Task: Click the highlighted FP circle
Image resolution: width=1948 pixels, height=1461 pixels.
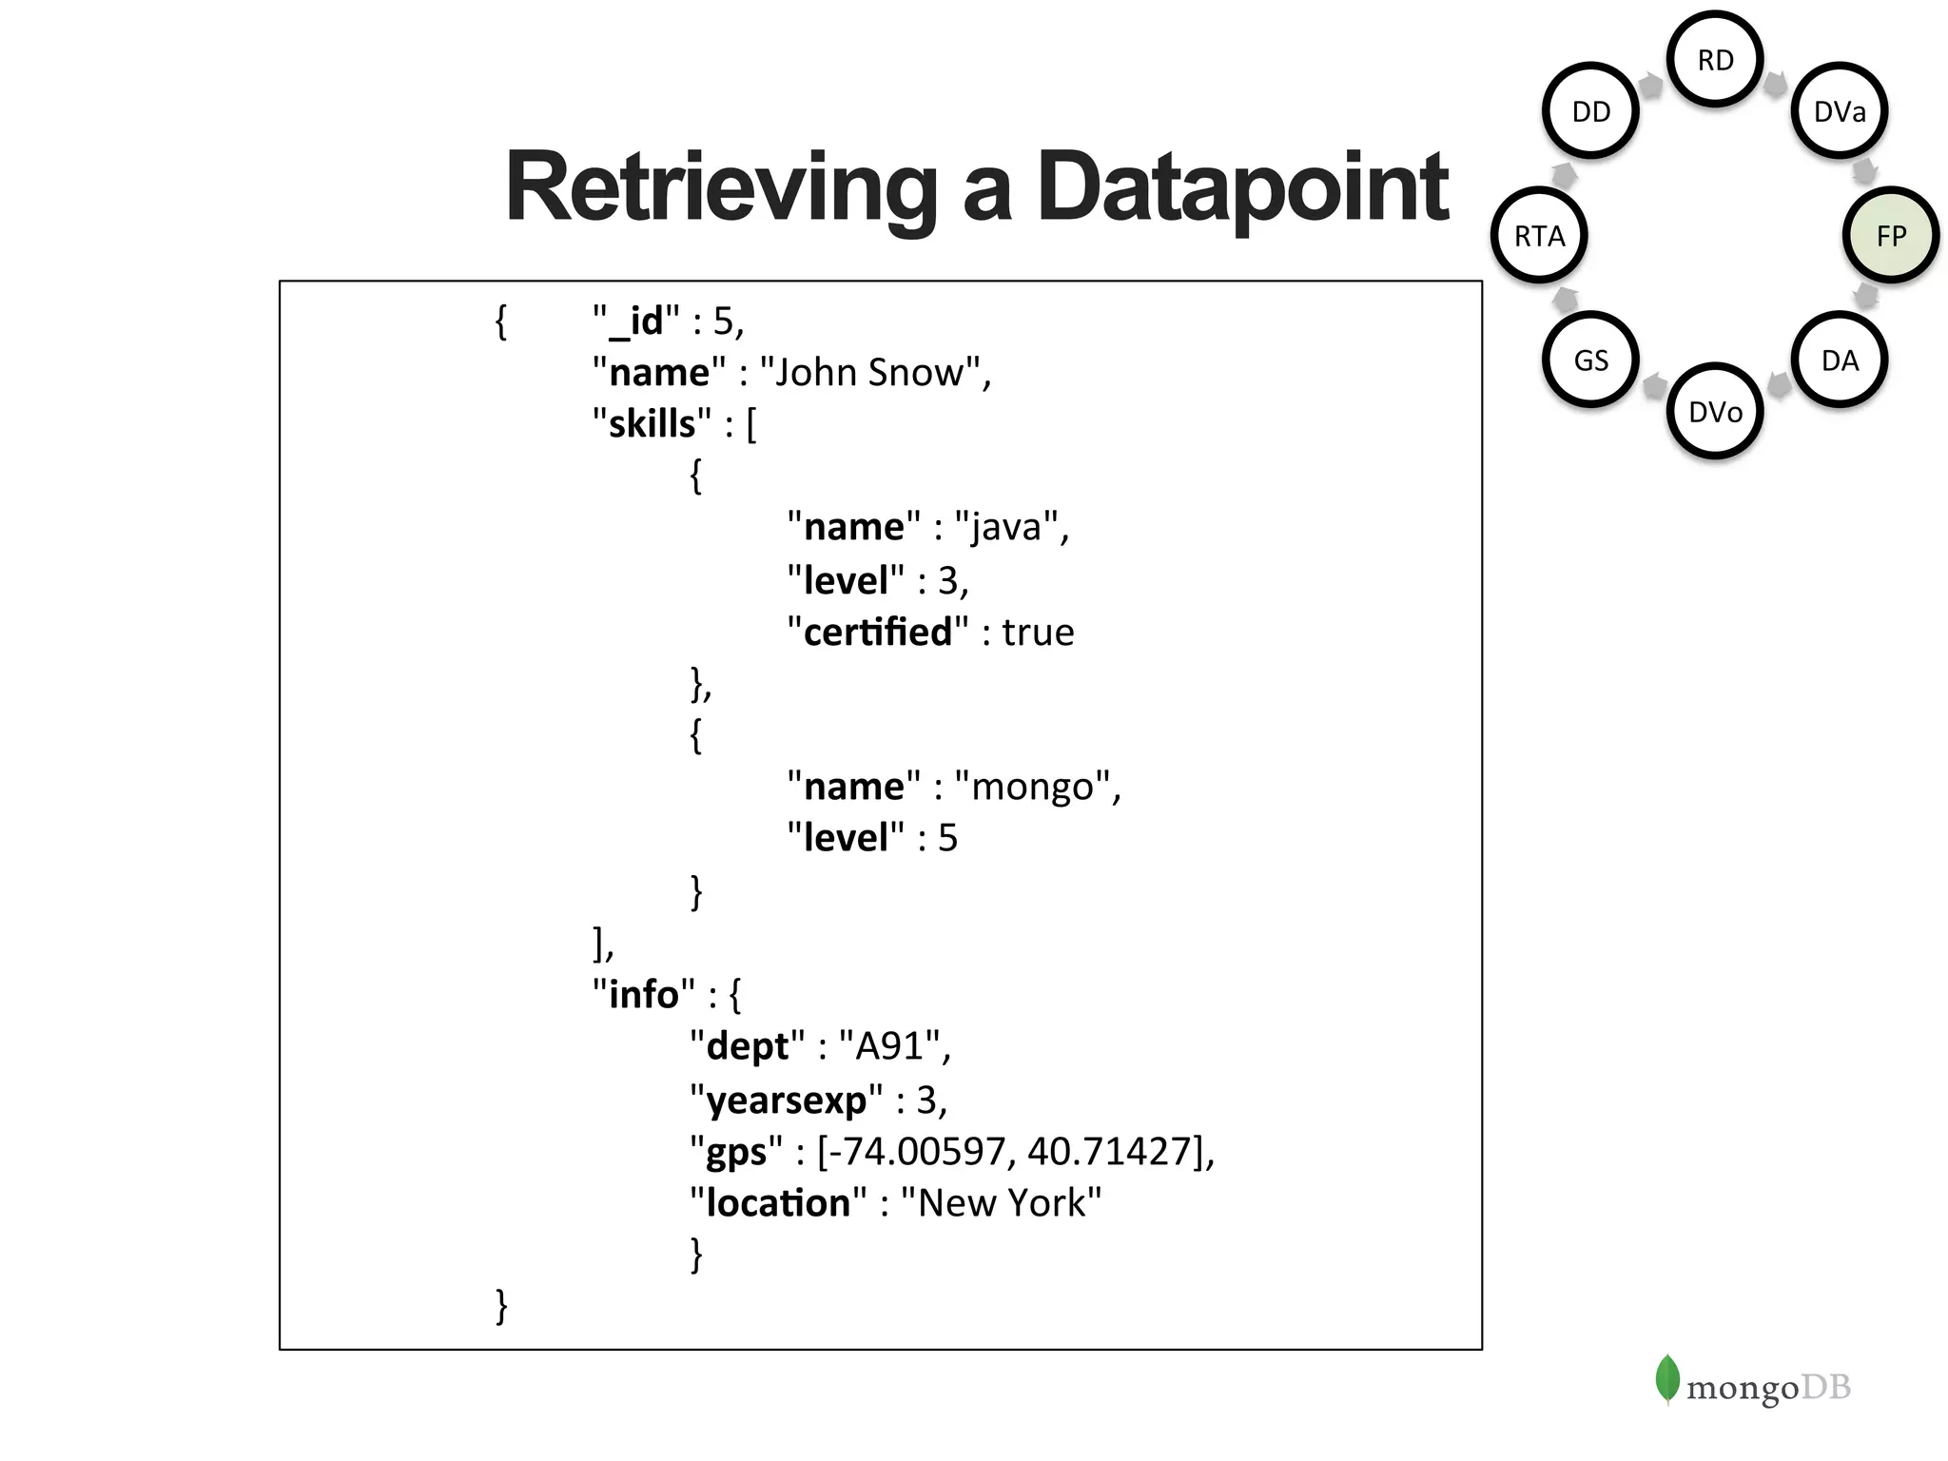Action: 1890,236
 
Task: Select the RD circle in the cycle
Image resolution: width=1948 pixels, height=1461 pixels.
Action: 1715,60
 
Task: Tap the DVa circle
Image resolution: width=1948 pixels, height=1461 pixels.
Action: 1839,112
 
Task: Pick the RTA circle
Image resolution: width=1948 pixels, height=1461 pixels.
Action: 1539,236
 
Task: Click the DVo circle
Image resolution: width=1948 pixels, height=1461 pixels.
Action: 1715,412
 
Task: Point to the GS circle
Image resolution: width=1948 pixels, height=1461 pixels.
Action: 1590,360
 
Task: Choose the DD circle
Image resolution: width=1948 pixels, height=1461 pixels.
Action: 1590,112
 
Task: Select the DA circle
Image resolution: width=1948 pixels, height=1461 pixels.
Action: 1839,360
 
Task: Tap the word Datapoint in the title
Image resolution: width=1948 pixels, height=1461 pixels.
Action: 1241,188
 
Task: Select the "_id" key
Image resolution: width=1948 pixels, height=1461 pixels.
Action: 635,321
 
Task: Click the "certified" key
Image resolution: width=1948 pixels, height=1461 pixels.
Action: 877,633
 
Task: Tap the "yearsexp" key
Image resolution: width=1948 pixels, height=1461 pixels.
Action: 786,1101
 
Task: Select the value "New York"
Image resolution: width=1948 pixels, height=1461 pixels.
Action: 1001,1203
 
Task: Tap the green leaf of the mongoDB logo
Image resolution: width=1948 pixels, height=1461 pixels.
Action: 1666,1378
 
